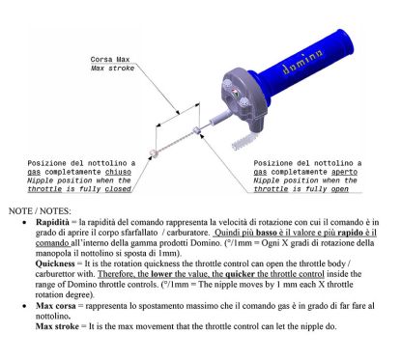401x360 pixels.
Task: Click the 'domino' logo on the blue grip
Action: (x=302, y=62)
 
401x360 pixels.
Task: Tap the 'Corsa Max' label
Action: (x=110, y=60)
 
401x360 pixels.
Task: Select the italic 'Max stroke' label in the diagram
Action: (x=112, y=69)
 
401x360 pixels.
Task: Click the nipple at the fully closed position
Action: (x=153, y=152)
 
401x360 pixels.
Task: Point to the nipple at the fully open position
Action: (x=196, y=130)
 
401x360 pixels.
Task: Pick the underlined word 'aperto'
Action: (x=344, y=172)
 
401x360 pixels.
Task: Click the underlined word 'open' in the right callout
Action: (x=340, y=189)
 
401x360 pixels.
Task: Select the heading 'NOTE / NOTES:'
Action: (x=40, y=211)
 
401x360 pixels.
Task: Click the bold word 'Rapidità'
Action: (x=52, y=222)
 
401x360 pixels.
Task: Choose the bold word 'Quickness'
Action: (x=55, y=263)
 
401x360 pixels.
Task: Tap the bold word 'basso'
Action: (x=267, y=233)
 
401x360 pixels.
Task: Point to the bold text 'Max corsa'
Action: (x=56, y=306)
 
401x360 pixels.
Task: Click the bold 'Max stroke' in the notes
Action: (x=57, y=326)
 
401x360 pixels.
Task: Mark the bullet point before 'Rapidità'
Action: (x=24, y=223)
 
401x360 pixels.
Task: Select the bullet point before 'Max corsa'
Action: (x=24, y=306)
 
